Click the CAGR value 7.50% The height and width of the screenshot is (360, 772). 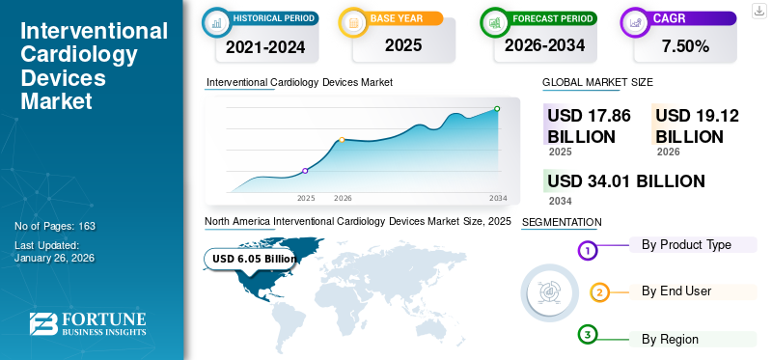[x=684, y=45]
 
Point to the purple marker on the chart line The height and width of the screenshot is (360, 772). [x=305, y=171]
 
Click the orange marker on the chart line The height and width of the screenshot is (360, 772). [x=342, y=140]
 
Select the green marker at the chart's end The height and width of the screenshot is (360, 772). [x=497, y=109]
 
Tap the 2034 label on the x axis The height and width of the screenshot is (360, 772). [x=498, y=198]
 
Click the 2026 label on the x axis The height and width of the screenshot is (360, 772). [x=343, y=198]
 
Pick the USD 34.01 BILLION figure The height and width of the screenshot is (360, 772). [x=625, y=180]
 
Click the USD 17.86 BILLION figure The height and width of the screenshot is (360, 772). [x=589, y=125]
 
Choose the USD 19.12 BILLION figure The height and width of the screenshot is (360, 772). [x=697, y=125]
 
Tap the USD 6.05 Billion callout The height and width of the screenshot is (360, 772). [x=254, y=259]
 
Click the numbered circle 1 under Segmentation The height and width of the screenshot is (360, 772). [x=588, y=251]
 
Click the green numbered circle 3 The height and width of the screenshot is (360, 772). [x=588, y=335]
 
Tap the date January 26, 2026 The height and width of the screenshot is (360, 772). [x=54, y=258]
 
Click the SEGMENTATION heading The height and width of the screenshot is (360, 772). [x=561, y=223]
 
